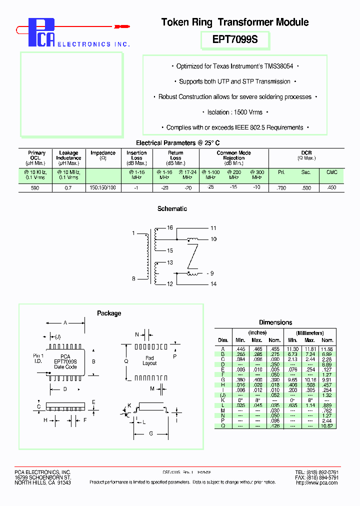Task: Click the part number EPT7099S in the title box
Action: (235, 39)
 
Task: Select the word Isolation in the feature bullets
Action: (218, 112)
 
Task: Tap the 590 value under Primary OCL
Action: (34, 188)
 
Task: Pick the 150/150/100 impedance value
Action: (102, 188)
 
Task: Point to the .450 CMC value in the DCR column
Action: (331, 188)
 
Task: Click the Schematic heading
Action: (172, 209)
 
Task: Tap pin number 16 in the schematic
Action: (170, 228)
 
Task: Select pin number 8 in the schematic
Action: (133, 278)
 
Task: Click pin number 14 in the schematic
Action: (213, 284)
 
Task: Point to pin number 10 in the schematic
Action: (213, 239)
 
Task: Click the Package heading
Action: (109, 313)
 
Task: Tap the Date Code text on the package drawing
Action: (65, 367)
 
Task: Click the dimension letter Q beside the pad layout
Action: (126, 361)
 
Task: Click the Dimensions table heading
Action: (275, 322)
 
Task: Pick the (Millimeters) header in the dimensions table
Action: (309, 333)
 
